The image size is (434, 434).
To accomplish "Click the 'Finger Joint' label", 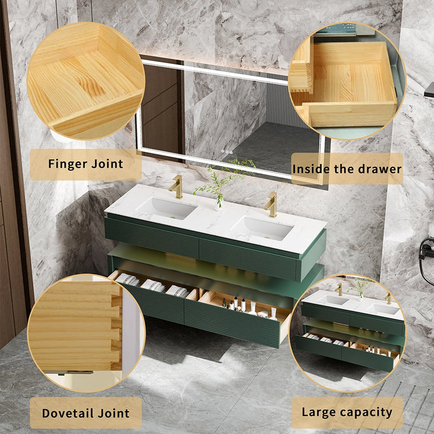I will [x=85, y=164].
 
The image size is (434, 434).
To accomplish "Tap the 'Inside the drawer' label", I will [x=347, y=169].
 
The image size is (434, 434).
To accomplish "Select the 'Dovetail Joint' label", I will [x=86, y=413].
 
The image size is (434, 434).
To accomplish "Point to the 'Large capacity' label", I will [x=347, y=413].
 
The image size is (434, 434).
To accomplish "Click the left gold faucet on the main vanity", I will [x=176, y=187].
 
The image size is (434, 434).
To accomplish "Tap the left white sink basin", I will [x=166, y=209].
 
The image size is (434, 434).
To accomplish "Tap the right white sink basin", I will [x=263, y=228].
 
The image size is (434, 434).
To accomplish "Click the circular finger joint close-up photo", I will [x=86, y=81].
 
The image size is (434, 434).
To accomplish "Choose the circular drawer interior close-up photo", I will [x=347, y=81].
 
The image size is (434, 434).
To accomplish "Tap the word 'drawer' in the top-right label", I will [x=380, y=169].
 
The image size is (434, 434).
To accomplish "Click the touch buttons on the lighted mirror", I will [x=227, y=151].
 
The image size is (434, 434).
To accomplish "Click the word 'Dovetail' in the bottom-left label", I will [x=68, y=413].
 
